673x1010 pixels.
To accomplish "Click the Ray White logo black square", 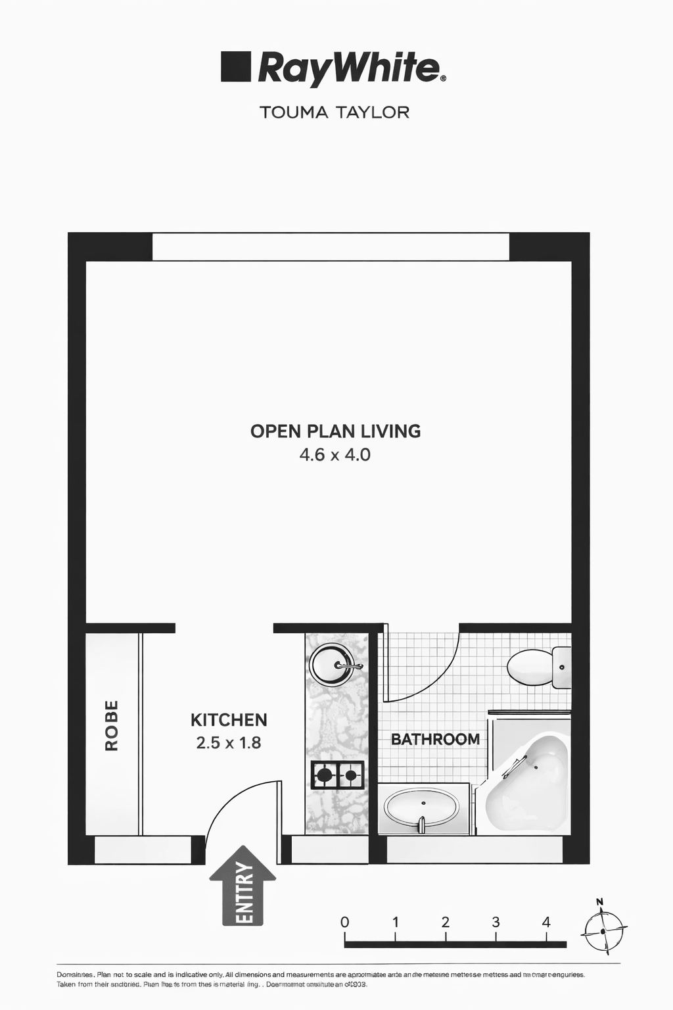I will coord(236,67).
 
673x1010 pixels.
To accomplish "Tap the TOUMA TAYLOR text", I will coord(335,112).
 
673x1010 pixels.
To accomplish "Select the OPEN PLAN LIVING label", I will coord(335,431).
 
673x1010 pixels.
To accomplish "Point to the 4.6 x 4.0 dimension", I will coord(335,454).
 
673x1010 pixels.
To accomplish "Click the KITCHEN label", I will coord(229,720).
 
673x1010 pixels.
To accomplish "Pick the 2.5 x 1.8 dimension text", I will coord(229,743).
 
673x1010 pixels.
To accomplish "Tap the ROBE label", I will coord(112,725).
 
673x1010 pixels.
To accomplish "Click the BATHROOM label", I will coord(435,739).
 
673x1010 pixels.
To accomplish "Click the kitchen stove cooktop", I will coord(337,775).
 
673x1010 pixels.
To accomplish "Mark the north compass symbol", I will coord(603,932).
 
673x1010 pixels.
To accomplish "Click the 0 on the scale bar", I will coord(345,922).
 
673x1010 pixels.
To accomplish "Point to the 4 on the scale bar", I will coord(546,922).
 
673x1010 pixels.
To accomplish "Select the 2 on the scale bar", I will coord(446,922).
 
